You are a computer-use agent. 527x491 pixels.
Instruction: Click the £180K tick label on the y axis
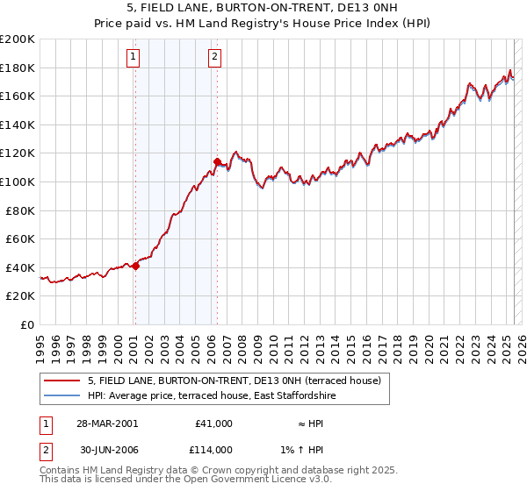tap(18, 68)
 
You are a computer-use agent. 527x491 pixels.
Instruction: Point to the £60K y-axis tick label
tap(20, 238)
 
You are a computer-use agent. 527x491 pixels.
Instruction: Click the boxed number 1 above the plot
tap(133, 58)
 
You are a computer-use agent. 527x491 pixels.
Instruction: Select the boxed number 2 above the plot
tap(214, 58)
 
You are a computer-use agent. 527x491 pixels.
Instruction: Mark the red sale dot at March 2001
tap(136, 266)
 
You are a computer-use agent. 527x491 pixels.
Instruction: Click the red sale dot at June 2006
tap(217, 161)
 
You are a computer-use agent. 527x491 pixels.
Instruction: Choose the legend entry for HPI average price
tap(212, 395)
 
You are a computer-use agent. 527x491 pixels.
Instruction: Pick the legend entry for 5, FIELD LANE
tap(234, 381)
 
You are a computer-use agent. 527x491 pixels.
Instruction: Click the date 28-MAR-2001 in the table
tap(107, 423)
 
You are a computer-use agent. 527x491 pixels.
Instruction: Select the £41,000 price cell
tap(214, 423)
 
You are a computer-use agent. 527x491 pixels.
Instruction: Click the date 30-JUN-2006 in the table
tap(107, 449)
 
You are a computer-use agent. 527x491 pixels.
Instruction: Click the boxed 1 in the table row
tap(45, 423)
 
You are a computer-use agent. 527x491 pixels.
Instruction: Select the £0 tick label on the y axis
tap(26, 324)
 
